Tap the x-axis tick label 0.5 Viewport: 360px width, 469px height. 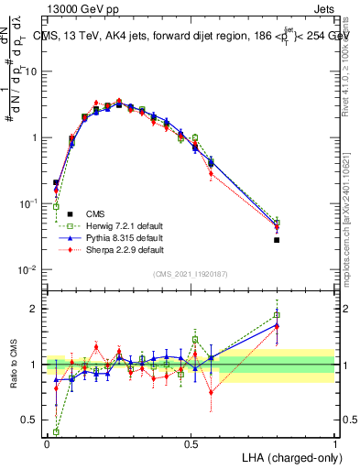point(191,442)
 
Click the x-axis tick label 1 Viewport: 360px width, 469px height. point(335,442)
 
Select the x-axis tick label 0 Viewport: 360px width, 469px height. point(47,442)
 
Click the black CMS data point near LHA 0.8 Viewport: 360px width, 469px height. point(277,240)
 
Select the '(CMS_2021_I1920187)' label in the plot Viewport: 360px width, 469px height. point(190,274)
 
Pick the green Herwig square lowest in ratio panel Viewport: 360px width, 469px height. point(56,431)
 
